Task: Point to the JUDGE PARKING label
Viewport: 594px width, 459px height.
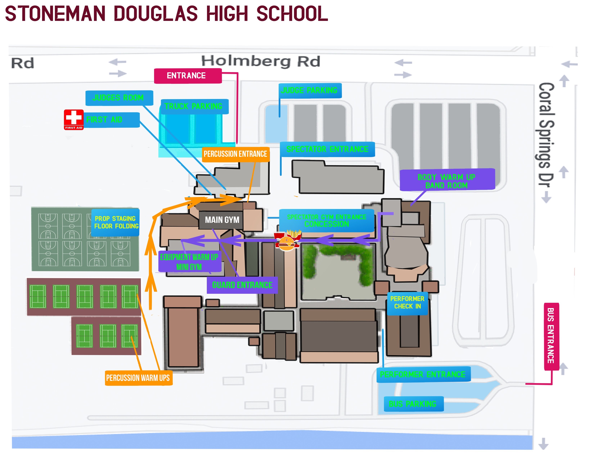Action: tap(310, 91)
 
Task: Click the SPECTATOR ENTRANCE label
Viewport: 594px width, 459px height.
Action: tap(327, 149)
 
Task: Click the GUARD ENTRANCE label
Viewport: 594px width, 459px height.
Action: tap(242, 285)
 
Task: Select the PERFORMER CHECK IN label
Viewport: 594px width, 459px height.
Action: tap(407, 303)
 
